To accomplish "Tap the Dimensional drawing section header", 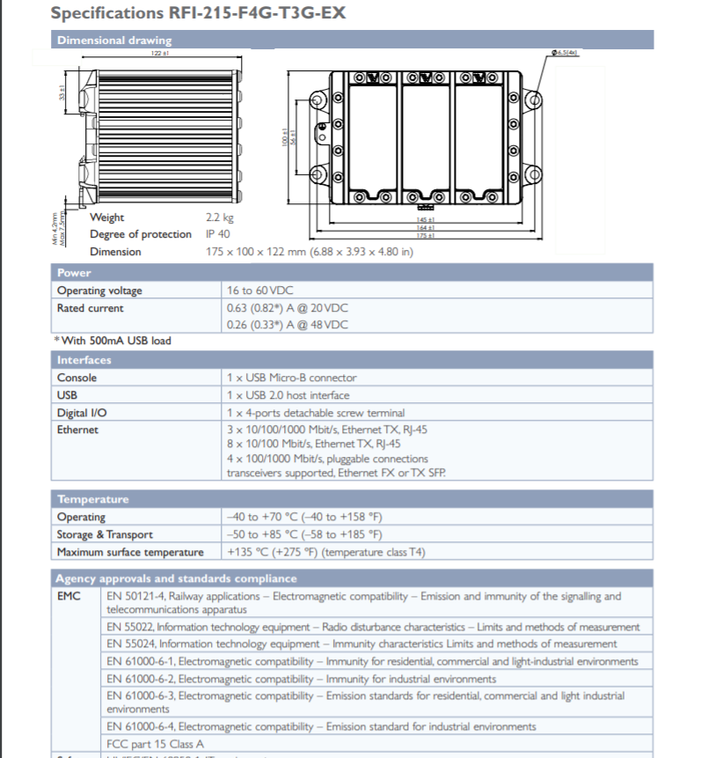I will [114, 40].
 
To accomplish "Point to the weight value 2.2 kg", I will [220, 217].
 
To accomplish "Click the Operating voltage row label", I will [99, 291].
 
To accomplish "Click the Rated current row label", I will [91, 308].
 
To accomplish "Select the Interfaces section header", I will [84, 360].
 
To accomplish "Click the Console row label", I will [77, 378].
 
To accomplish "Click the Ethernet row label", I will [78, 430].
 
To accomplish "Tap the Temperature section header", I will [92, 499].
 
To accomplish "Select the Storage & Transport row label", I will [105, 534].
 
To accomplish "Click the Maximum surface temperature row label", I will [130, 552].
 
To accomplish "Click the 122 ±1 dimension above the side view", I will [160, 53].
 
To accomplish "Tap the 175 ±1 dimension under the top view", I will [427, 235].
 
